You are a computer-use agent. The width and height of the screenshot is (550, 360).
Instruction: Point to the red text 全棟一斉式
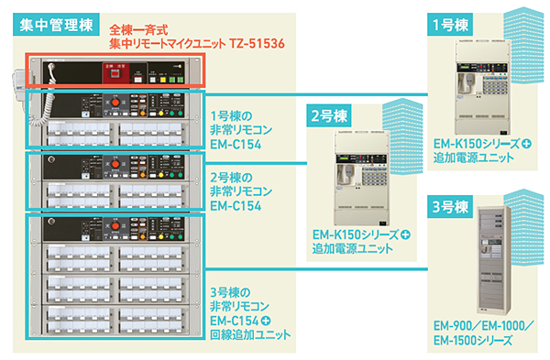click(137, 29)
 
